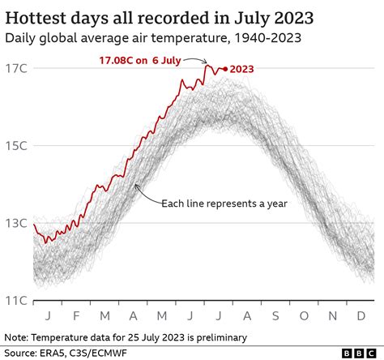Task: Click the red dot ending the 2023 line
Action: click(x=224, y=69)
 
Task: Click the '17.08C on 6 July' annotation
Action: click(x=133, y=59)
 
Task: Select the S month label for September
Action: click(x=276, y=315)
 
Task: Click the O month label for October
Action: click(x=305, y=315)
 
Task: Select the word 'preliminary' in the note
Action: click(x=214, y=336)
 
